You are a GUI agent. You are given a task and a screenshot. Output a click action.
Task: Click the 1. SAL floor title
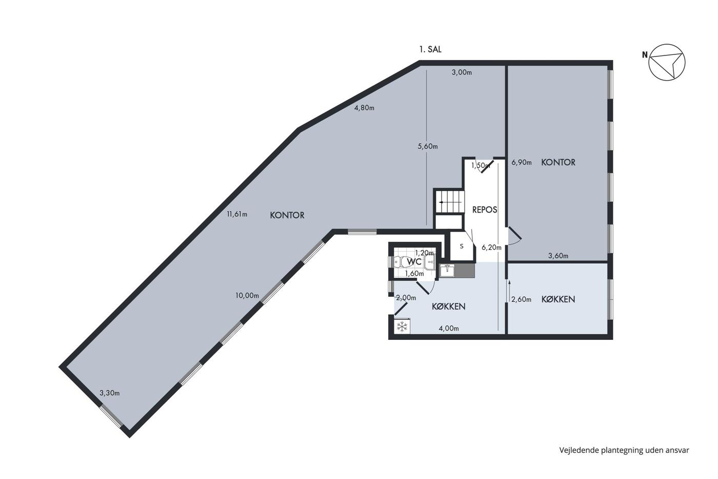[x=430, y=49]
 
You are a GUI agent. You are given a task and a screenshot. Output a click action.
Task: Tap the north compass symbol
[x=667, y=62]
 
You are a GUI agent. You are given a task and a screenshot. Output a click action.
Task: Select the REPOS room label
[x=485, y=210]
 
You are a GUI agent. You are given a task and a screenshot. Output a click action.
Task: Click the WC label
[x=414, y=262]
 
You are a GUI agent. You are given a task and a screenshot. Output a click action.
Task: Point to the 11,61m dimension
[x=237, y=214]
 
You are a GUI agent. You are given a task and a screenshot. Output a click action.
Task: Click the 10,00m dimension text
[x=247, y=296]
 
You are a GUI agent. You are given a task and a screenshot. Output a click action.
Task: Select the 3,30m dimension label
[x=110, y=393]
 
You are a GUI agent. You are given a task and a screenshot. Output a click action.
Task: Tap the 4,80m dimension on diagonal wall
[x=364, y=108]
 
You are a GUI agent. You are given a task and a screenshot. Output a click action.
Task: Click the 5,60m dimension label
[x=428, y=146]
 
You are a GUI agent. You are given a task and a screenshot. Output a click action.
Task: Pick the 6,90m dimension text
[x=522, y=162]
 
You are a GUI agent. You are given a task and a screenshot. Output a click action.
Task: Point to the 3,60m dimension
[x=559, y=256]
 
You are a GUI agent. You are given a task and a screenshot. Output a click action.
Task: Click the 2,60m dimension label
[x=521, y=299]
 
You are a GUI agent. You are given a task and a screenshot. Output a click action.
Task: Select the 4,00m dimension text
[x=449, y=328]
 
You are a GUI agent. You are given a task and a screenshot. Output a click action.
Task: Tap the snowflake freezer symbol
[x=402, y=327]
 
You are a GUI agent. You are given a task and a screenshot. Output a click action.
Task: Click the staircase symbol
[x=449, y=201]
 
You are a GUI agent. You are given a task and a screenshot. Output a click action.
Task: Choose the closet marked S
[x=462, y=246]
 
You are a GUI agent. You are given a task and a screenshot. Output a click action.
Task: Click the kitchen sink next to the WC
[x=447, y=270]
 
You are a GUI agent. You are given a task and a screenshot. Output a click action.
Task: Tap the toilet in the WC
[x=398, y=262]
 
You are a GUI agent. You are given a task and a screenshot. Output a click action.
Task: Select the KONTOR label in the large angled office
[x=287, y=215]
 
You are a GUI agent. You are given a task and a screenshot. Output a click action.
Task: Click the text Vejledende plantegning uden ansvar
[x=624, y=450]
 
